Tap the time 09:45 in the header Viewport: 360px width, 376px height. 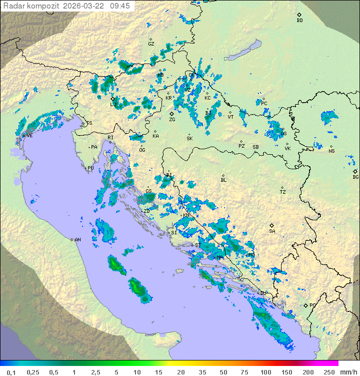coord(120,6)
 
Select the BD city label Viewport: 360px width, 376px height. coord(299,21)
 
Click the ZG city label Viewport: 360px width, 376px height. coord(172,120)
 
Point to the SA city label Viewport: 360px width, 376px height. coord(272,231)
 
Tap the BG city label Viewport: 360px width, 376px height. coord(355,177)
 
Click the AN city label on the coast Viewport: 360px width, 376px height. coord(77,240)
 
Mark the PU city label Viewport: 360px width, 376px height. coord(90,168)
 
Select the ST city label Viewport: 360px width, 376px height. coord(198,245)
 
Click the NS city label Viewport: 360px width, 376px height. coord(331,151)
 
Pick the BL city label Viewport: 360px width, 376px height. coord(223,180)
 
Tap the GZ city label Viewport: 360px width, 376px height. coord(151,44)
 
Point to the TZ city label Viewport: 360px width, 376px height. coord(283,192)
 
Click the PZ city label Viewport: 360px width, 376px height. coord(241,146)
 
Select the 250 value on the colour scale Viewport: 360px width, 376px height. coord(328,372)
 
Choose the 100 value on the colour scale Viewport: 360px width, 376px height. coord(265,372)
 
